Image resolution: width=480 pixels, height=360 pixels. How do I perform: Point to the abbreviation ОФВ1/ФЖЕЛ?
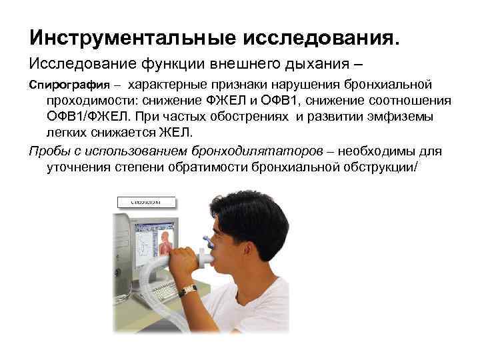87,116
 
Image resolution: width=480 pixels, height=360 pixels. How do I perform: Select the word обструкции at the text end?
377,167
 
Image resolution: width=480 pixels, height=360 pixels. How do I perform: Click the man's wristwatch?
188,290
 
